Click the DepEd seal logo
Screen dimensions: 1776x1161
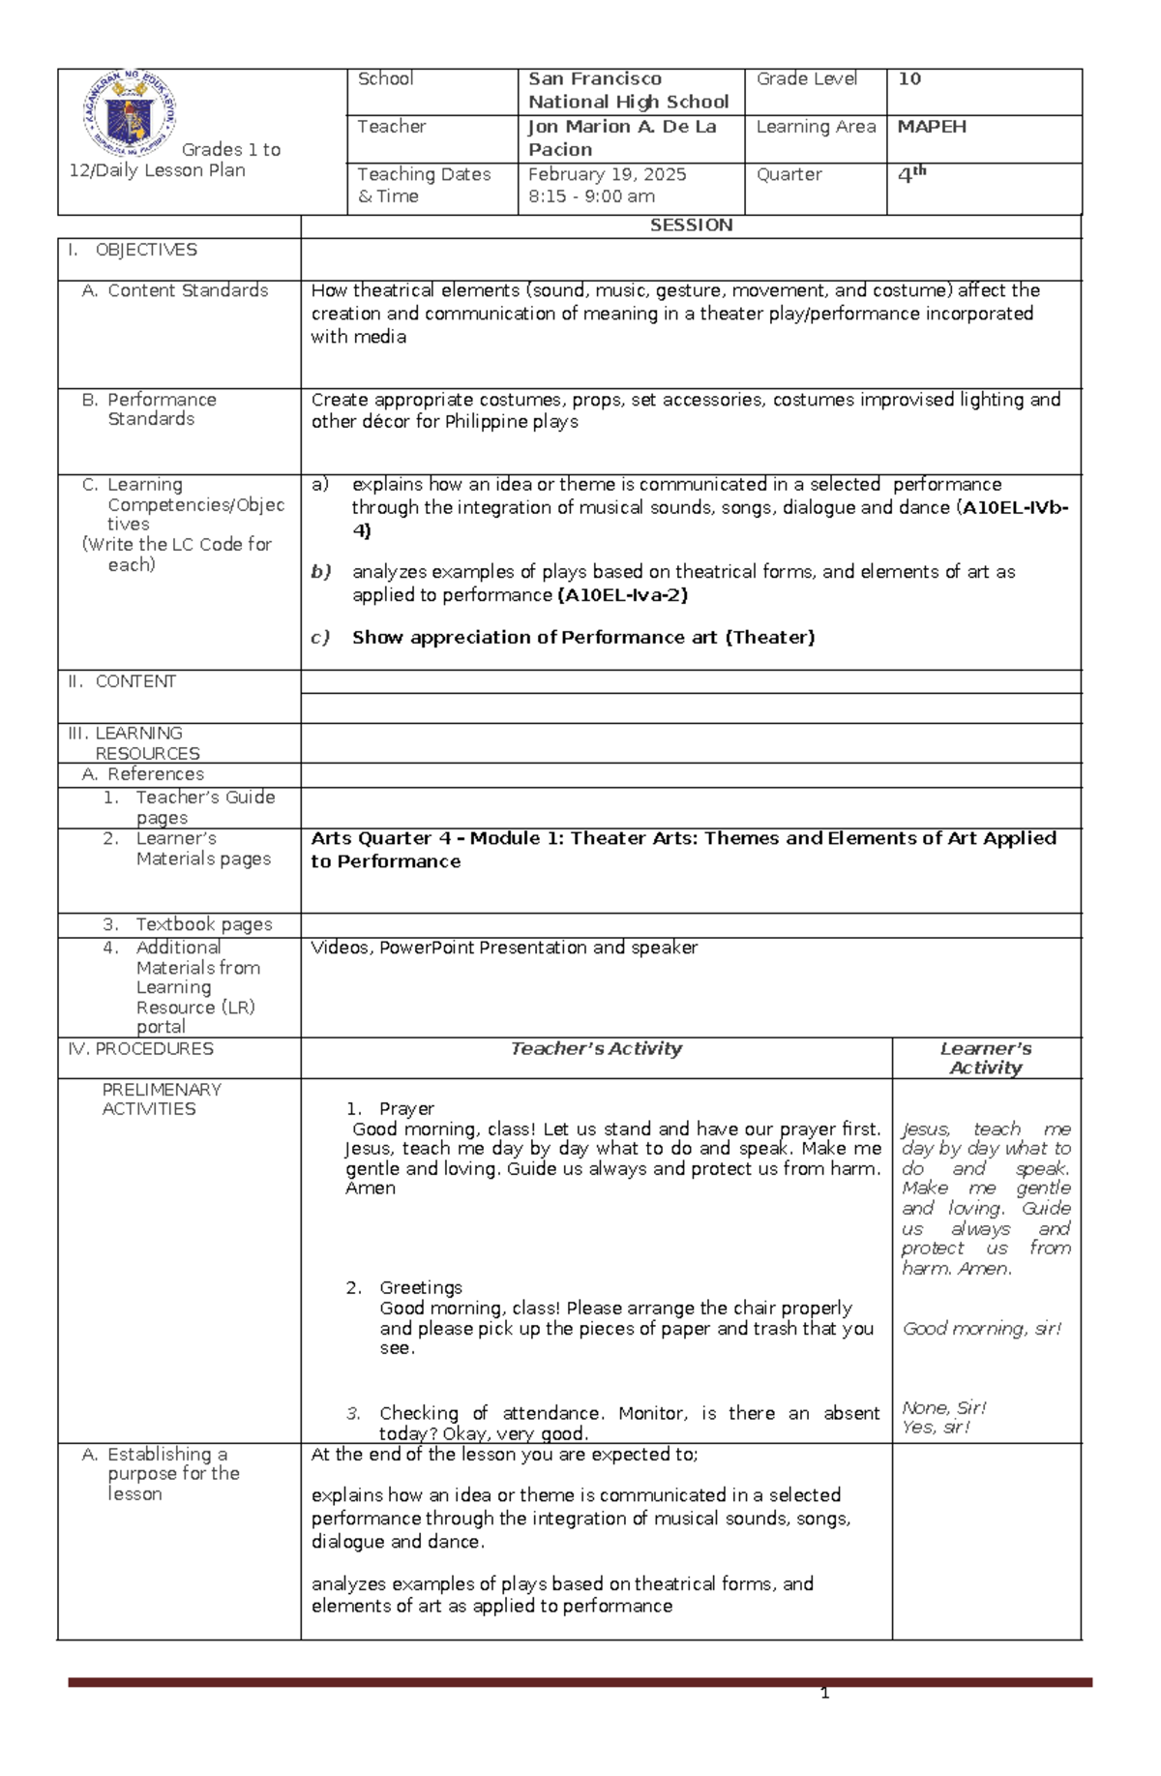[x=129, y=114]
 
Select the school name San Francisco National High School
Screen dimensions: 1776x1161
[x=628, y=90]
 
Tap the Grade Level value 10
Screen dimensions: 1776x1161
[x=908, y=79]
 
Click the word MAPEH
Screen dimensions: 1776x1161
[x=931, y=127]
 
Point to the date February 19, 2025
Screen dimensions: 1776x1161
[x=607, y=174]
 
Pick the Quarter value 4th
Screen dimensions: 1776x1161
[x=911, y=175]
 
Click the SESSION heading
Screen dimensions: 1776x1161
[x=691, y=226]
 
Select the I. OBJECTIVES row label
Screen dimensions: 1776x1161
[x=132, y=250]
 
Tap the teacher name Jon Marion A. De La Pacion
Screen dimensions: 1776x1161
[x=621, y=137]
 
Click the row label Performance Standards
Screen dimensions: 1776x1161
[x=161, y=409]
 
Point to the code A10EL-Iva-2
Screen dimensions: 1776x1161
[x=623, y=595]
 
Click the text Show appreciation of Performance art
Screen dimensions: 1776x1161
[x=583, y=637]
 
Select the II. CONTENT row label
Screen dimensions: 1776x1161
[x=122, y=681]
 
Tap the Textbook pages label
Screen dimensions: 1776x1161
[x=203, y=924]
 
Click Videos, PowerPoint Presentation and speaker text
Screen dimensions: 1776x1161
[x=503, y=948]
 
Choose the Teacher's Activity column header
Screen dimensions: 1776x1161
[x=596, y=1048]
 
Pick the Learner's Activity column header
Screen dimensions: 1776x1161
[x=985, y=1058]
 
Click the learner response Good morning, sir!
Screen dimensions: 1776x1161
[x=981, y=1329]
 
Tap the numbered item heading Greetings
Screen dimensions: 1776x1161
[x=420, y=1287]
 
